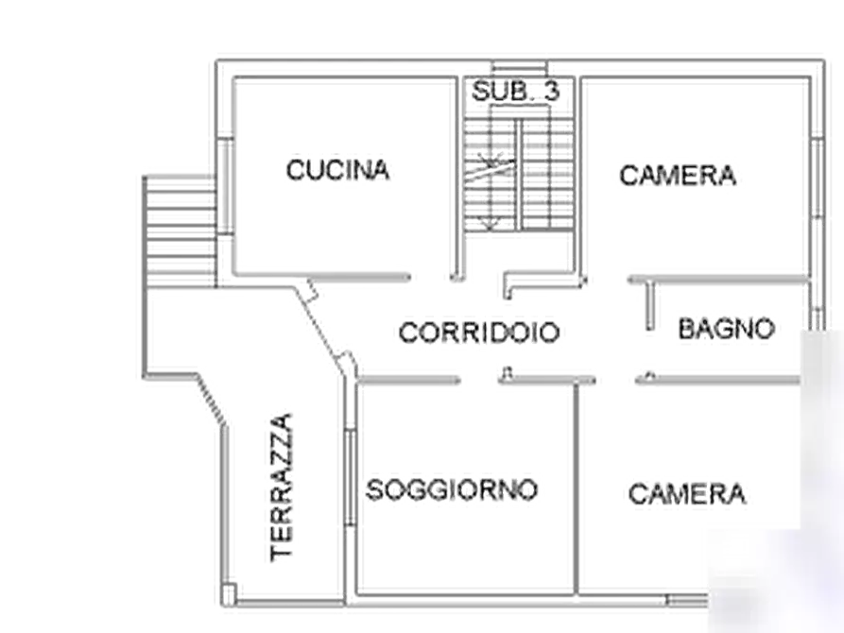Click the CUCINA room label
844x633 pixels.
[337, 170]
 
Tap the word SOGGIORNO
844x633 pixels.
[452, 489]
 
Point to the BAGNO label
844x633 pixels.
[726, 329]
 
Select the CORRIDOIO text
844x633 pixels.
[479, 333]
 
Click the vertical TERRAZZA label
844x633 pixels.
[282, 488]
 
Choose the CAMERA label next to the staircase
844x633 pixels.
[678, 176]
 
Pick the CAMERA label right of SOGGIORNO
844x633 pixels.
[687, 494]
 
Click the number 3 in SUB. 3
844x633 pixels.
[551, 91]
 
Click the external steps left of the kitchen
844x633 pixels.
[181, 231]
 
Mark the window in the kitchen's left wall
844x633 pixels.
[226, 186]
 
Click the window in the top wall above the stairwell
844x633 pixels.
[520, 69]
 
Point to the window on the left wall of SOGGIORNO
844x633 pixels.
[351, 476]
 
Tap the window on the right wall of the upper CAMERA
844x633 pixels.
[818, 179]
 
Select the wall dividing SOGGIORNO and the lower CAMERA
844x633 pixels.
[577, 488]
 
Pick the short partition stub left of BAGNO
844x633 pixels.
[649, 305]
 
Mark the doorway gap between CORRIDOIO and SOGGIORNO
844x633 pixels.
[479, 381]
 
